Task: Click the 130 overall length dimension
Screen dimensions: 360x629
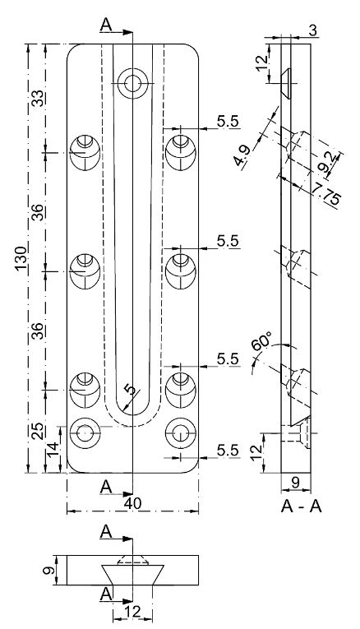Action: [21, 258]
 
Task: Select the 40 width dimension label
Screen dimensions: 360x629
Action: [132, 503]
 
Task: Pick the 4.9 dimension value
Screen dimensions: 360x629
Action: [242, 155]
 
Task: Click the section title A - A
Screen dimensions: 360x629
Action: [302, 507]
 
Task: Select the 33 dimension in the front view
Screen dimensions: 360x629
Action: [38, 98]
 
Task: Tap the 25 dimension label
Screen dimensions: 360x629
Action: [38, 432]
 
